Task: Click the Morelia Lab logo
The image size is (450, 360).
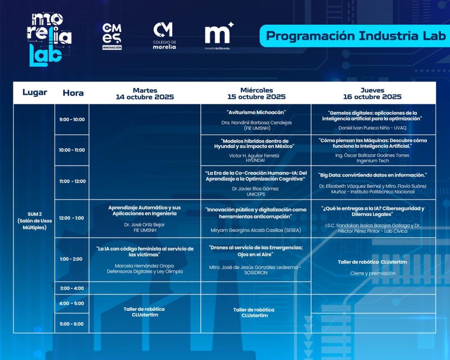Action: (49, 40)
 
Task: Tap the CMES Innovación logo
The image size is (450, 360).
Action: (112, 36)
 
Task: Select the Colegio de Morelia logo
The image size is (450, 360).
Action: (164, 36)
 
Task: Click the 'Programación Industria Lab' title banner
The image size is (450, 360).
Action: (355, 36)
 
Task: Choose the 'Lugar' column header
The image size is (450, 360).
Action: (35, 92)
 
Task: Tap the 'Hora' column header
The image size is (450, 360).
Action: (73, 93)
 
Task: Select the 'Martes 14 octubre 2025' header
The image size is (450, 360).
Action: (145, 94)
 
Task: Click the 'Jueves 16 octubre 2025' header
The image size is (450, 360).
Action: (372, 94)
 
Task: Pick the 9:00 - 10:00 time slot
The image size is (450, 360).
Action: (72, 120)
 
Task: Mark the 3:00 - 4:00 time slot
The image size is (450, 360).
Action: (72, 288)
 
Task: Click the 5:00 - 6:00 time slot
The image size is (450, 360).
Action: (72, 324)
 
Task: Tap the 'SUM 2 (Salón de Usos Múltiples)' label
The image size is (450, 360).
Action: (35, 221)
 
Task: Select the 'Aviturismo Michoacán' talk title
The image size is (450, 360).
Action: (256, 113)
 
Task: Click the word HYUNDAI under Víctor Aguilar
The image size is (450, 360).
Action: (255, 160)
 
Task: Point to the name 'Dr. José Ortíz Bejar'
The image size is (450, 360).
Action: (144, 225)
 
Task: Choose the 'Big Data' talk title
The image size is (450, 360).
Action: (373, 175)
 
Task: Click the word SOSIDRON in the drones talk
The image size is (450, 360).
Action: (256, 273)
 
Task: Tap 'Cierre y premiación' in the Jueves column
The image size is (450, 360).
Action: (373, 273)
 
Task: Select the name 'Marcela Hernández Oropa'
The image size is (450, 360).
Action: (144, 266)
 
